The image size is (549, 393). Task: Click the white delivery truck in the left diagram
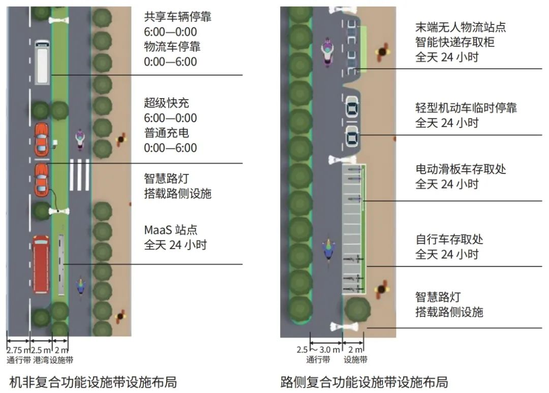[x=42, y=63]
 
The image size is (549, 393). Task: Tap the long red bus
[x=41, y=264]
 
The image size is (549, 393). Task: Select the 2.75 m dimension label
[x=19, y=350]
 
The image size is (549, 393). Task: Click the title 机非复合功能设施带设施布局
[x=93, y=382]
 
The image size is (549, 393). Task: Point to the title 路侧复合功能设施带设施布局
[x=364, y=382]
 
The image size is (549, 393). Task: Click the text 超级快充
[x=166, y=103]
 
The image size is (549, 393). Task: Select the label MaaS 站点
[x=170, y=230]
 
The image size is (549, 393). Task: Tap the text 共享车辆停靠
[x=177, y=17]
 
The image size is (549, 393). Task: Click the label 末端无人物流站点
[x=461, y=27]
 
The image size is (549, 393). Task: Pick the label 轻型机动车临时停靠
[x=466, y=108]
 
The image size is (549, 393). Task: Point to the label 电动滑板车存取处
[x=461, y=169]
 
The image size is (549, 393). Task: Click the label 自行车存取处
[x=449, y=239]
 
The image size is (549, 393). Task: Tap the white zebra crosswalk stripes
[x=79, y=175]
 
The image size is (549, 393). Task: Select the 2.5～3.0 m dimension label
[x=318, y=350]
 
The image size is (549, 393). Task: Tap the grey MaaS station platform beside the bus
[x=62, y=264]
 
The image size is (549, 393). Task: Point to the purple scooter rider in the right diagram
[x=327, y=52]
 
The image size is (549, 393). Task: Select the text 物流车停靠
[x=172, y=47]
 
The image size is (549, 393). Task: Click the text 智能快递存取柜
[x=455, y=42]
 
